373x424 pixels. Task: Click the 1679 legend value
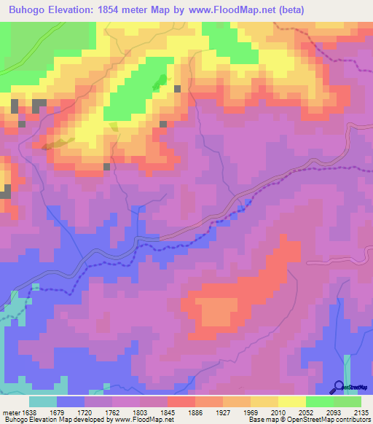coord(58,412)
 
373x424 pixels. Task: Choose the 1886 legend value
coord(195,412)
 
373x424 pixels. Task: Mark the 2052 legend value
coord(305,412)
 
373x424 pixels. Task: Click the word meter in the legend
coord(11,412)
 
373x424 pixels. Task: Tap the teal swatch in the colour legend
coord(43,401)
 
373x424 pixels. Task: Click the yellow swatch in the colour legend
coord(291,401)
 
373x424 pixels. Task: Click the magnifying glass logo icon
coord(337,387)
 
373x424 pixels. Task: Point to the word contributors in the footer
coord(354,420)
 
